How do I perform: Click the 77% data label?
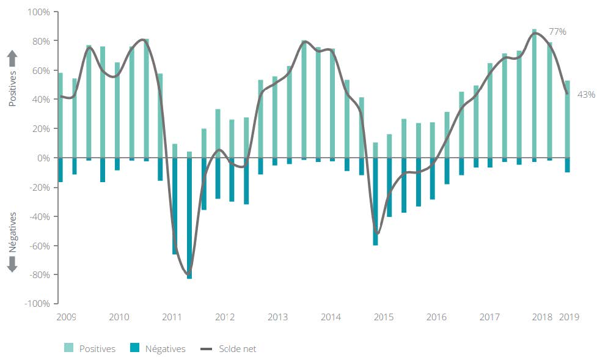click(557, 31)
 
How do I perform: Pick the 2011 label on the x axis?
click(172, 317)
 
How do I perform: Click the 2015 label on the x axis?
click(384, 317)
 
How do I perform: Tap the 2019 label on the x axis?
click(568, 317)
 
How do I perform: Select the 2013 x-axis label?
click(278, 317)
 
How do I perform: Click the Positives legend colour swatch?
click(69, 349)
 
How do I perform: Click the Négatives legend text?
click(165, 349)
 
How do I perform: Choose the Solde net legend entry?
click(229, 349)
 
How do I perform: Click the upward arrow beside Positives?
click(12, 59)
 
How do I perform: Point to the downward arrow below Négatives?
click(12, 264)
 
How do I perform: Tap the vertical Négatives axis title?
click(12, 232)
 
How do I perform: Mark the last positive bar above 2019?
click(568, 119)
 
